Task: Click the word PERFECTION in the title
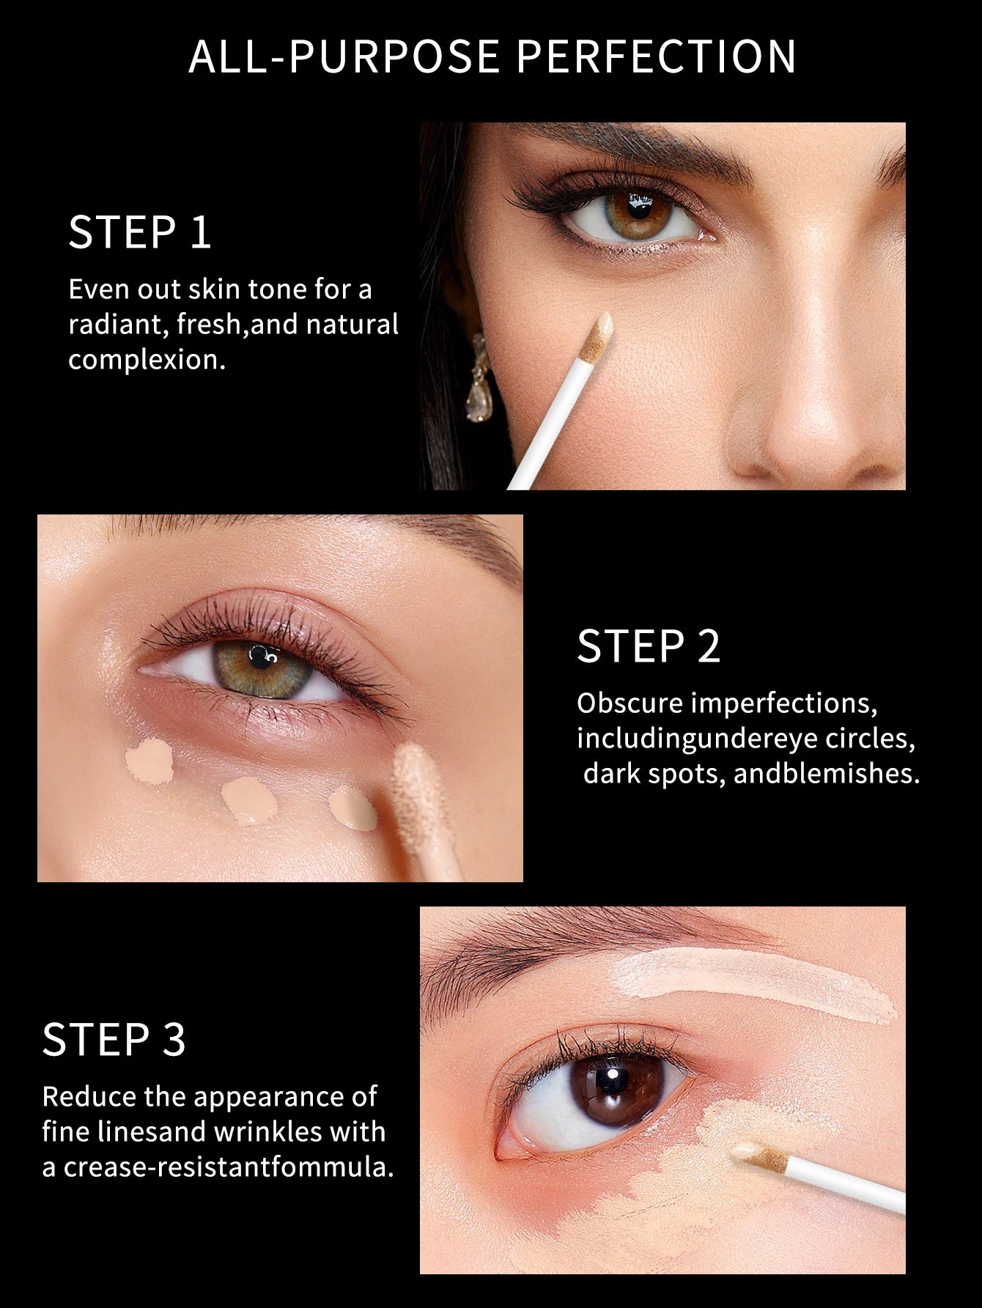[656, 56]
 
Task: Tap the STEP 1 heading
[140, 232]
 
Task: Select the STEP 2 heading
[649, 646]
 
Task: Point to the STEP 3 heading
[114, 1039]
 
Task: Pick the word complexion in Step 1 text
[147, 360]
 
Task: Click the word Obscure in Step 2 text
[630, 703]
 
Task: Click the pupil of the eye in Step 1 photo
[638, 210]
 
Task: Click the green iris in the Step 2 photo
[262, 669]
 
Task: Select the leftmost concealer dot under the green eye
[149, 761]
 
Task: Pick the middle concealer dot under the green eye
[249, 801]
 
